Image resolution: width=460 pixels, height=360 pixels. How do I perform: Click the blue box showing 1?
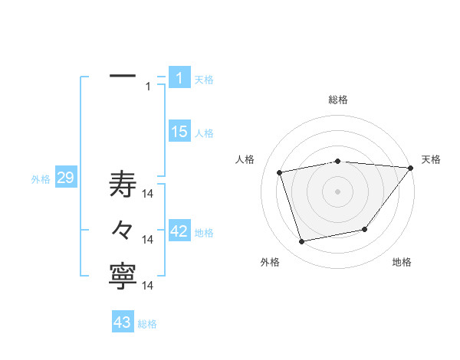179,77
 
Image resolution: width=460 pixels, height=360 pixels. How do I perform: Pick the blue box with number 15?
179,132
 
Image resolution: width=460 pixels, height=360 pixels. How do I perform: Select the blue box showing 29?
65,178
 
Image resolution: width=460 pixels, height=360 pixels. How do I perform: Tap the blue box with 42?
179,231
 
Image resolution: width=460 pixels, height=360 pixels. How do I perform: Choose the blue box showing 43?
122,322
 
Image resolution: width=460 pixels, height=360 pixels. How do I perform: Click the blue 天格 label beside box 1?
204,79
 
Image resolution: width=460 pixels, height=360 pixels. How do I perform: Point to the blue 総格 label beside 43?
147,324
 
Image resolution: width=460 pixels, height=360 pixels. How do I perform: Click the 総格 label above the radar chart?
338,100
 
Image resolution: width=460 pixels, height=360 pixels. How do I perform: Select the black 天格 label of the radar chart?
431,159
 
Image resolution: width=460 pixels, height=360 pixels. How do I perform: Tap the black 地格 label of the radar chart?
402,262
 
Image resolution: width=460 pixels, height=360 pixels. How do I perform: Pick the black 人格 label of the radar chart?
245,159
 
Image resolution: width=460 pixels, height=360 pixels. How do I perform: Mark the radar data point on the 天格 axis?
411,168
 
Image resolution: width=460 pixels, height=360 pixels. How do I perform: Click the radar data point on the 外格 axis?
301,242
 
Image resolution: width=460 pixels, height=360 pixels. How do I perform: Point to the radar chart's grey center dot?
338,191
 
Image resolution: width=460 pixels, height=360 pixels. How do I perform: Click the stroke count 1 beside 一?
148,87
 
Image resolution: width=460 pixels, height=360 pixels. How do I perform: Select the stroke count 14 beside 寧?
148,285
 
